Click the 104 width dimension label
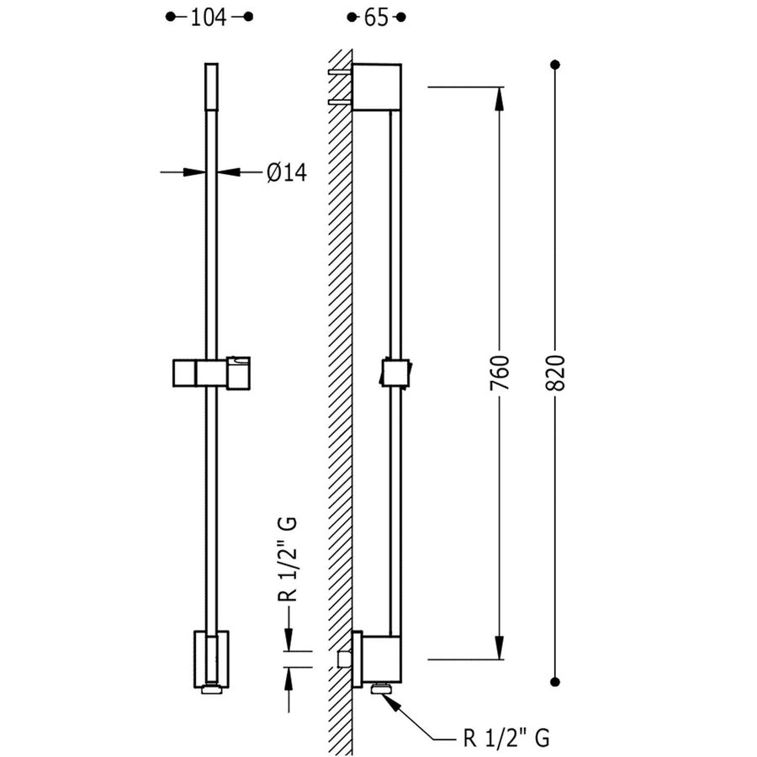click(209, 18)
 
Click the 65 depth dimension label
click(377, 18)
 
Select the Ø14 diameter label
click(286, 172)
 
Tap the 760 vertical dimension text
click(500, 373)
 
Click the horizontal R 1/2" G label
click(506, 738)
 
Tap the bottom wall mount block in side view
click(381, 659)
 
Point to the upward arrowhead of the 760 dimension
click(500, 95)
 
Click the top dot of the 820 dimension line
click(555, 65)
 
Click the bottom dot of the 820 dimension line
click(555, 681)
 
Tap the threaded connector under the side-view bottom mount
click(384, 690)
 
